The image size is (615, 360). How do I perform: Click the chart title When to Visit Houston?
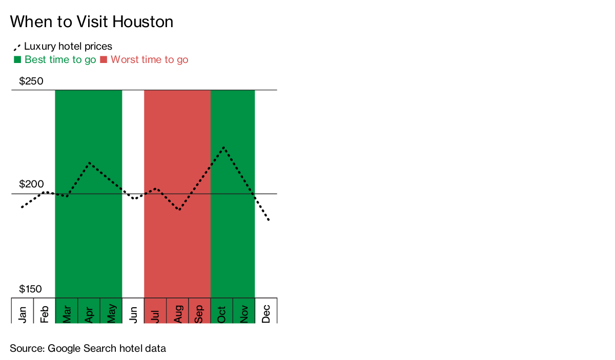91,22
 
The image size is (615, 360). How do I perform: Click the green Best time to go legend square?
17,59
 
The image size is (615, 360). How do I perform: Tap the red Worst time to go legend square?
104,59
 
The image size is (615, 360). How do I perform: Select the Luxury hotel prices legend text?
68,47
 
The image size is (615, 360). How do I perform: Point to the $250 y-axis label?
31,81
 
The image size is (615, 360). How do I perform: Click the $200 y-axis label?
31,184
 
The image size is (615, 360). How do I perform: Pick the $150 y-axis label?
30,289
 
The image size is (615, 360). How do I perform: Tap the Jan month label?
22,314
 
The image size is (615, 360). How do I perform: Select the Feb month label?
44,314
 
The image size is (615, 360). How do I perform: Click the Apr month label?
89,315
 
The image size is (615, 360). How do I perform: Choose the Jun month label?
133,315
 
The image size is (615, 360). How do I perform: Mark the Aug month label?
178,314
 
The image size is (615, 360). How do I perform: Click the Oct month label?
221,315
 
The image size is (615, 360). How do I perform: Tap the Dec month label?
266,314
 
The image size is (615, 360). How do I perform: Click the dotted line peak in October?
224,148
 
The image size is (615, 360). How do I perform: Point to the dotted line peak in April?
90,163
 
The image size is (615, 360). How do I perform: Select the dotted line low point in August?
179,209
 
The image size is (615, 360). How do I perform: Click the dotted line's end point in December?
269,220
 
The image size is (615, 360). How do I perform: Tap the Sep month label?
199,314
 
